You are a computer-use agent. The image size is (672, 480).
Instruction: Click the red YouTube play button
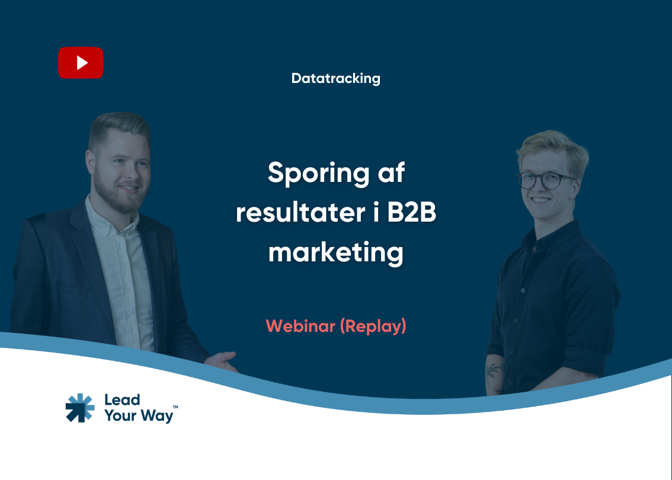coord(81,63)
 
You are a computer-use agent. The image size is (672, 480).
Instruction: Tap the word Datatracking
coord(335,78)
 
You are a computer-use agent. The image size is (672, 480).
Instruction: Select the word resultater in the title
coord(299,213)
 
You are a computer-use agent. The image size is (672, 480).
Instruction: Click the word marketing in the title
coord(335,252)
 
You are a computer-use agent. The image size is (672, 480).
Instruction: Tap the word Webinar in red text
coord(300,326)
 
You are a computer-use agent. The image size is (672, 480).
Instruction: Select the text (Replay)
coord(373,326)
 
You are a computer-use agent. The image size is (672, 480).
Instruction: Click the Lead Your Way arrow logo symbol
coord(79,408)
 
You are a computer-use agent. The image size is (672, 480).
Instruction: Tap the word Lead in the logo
coord(122,400)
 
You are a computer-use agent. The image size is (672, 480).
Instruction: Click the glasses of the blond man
coord(546,179)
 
